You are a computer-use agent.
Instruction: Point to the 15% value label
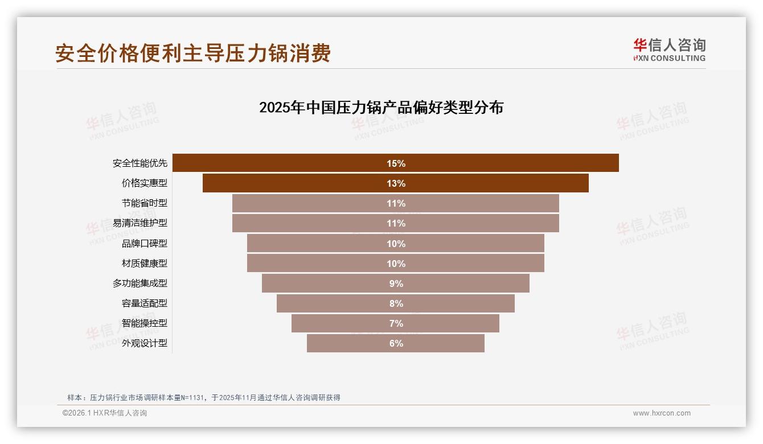coord(396,163)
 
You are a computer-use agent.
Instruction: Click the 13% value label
coord(396,183)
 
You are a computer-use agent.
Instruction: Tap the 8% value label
coord(396,303)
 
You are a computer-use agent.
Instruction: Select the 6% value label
coord(396,343)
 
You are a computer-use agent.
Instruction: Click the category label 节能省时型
coord(145,203)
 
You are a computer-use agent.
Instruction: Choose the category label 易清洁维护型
coord(140,223)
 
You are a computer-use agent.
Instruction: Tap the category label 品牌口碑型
coord(145,244)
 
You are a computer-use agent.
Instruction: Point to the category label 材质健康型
coord(145,264)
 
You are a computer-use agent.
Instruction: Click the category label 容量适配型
coord(145,303)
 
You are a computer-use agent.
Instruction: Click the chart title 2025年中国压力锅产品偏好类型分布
coord(381,108)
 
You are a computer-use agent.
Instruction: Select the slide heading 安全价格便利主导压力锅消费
coord(193,54)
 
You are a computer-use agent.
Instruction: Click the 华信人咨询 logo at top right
coord(669,50)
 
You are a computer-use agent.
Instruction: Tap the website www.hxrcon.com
coord(662,413)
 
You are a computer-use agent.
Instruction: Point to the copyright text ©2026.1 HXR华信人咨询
coord(105,413)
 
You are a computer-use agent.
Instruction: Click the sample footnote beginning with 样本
coord(204,397)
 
